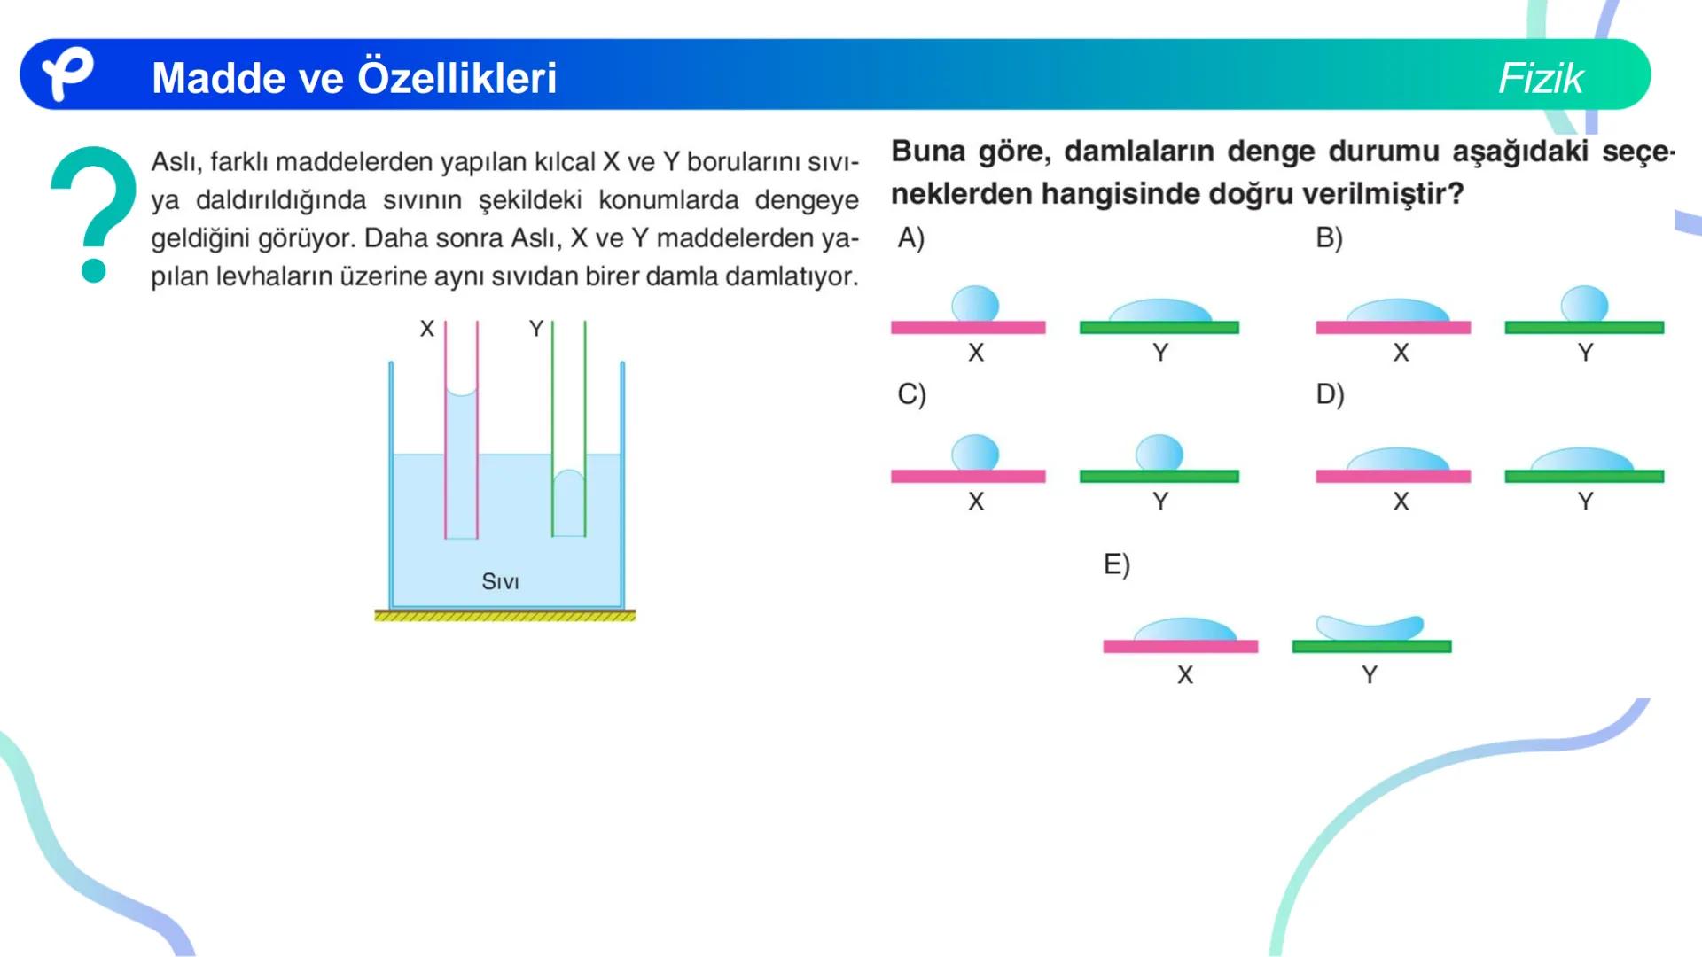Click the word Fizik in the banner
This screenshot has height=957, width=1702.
[x=1540, y=78]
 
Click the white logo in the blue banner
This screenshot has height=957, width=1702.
[x=67, y=74]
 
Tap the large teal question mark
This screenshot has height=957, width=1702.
[x=93, y=213]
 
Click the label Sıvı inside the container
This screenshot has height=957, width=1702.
[x=500, y=581]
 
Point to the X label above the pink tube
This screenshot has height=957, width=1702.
[x=427, y=329]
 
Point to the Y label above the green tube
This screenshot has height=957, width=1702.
[x=535, y=329]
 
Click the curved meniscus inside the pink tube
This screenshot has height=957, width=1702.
[x=461, y=391]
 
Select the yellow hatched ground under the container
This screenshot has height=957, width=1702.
[x=504, y=615]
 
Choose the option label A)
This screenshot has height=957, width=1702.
[x=910, y=237]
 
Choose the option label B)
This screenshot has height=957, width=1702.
[x=1329, y=237]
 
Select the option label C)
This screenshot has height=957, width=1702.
[x=911, y=393]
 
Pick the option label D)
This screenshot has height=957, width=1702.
[x=1330, y=393]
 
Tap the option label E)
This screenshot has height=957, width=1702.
[x=1116, y=564]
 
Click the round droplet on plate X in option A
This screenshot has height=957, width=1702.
[x=975, y=304]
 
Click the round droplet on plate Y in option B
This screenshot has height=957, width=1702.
[x=1584, y=304]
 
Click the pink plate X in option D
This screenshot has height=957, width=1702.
[x=1393, y=477]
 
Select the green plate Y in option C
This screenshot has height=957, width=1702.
[x=1159, y=477]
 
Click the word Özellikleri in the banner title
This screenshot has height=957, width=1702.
[x=457, y=78]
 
